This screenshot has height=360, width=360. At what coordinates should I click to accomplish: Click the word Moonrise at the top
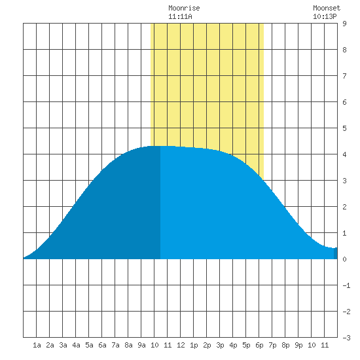pyautogui.click(x=184, y=8)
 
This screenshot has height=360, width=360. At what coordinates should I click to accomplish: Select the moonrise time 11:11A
pyautogui.click(x=180, y=16)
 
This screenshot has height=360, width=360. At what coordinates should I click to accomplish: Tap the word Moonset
pyautogui.click(x=327, y=8)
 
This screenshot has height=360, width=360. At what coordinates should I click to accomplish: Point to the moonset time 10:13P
pyautogui.click(x=325, y=16)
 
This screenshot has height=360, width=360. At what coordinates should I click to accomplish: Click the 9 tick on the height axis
pyautogui.click(x=344, y=24)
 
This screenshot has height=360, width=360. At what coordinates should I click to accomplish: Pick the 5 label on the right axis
pyautogui.click(x=344, y=128)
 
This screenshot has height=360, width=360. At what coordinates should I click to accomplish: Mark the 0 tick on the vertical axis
pyautogui.click(x=344, y=259)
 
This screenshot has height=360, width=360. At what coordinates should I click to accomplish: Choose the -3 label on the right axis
pyautogui.click(x=346, y=338)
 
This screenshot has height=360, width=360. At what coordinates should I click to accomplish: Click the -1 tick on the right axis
pyautogui.click(x=346, y=285)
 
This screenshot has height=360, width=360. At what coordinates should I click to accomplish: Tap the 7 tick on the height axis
pyautogui.click(x=344, y=76)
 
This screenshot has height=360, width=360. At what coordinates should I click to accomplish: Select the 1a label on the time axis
pyautogui.click(x=37, y=345)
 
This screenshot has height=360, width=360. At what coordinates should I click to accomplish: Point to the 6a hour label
pyautogui.click(x=102, y=345)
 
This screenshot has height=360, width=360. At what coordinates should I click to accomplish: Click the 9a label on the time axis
pyautogui.click(x=141, y=345)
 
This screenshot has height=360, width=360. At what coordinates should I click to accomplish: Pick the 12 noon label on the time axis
pyautogui.click(x=181, y=345)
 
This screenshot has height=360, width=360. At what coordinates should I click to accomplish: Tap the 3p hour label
pyautogui.click(x=220, y=345)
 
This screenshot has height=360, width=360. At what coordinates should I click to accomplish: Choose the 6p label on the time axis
pyautogui.click(x=259, y=345)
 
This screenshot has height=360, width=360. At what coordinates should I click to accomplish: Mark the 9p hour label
pyautogui.click(x=298, y=345)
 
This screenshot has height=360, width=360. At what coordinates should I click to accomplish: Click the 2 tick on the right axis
pyautogui.click(x=344, y=207)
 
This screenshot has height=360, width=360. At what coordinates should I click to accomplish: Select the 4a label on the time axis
pyautogui.click(x=76, y=345)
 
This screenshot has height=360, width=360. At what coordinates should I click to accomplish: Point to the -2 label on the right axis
pyautogui.click(x=346, y=312)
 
